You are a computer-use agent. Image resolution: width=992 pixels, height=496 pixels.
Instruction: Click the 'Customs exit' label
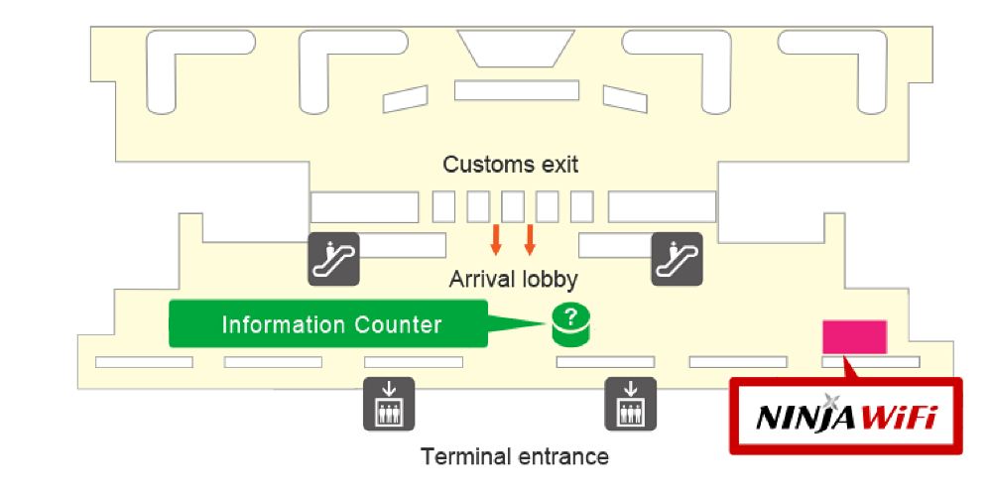click(x=510, y=164)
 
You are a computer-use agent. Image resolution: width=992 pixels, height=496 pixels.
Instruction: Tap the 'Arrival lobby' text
click(x=513, y=279)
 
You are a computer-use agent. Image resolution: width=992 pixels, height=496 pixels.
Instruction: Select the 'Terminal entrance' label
click(x=515, y=457)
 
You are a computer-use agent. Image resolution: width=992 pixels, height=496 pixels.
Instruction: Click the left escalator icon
click(x=332, y=259)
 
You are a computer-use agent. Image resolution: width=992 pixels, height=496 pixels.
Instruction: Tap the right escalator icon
click(x=677, y=259)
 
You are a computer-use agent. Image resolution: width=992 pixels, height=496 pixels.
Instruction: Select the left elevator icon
click(x=389, y=403)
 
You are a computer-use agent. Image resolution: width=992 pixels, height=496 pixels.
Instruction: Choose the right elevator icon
click(x=631, y=403)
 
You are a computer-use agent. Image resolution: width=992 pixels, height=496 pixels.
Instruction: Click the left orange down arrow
click(x=496, y=239)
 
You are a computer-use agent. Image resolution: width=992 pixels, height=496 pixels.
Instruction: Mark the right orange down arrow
click(x=530, y=239)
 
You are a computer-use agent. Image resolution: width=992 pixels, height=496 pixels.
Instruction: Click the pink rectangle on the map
click(x=854, y=336)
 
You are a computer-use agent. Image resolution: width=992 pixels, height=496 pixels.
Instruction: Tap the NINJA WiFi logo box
click(x=846, y=417)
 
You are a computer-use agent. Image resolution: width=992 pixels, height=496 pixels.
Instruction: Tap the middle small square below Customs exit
click(x=512, y=206)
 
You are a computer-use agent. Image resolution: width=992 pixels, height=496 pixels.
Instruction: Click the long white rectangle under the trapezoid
click(x=516, y=90)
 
